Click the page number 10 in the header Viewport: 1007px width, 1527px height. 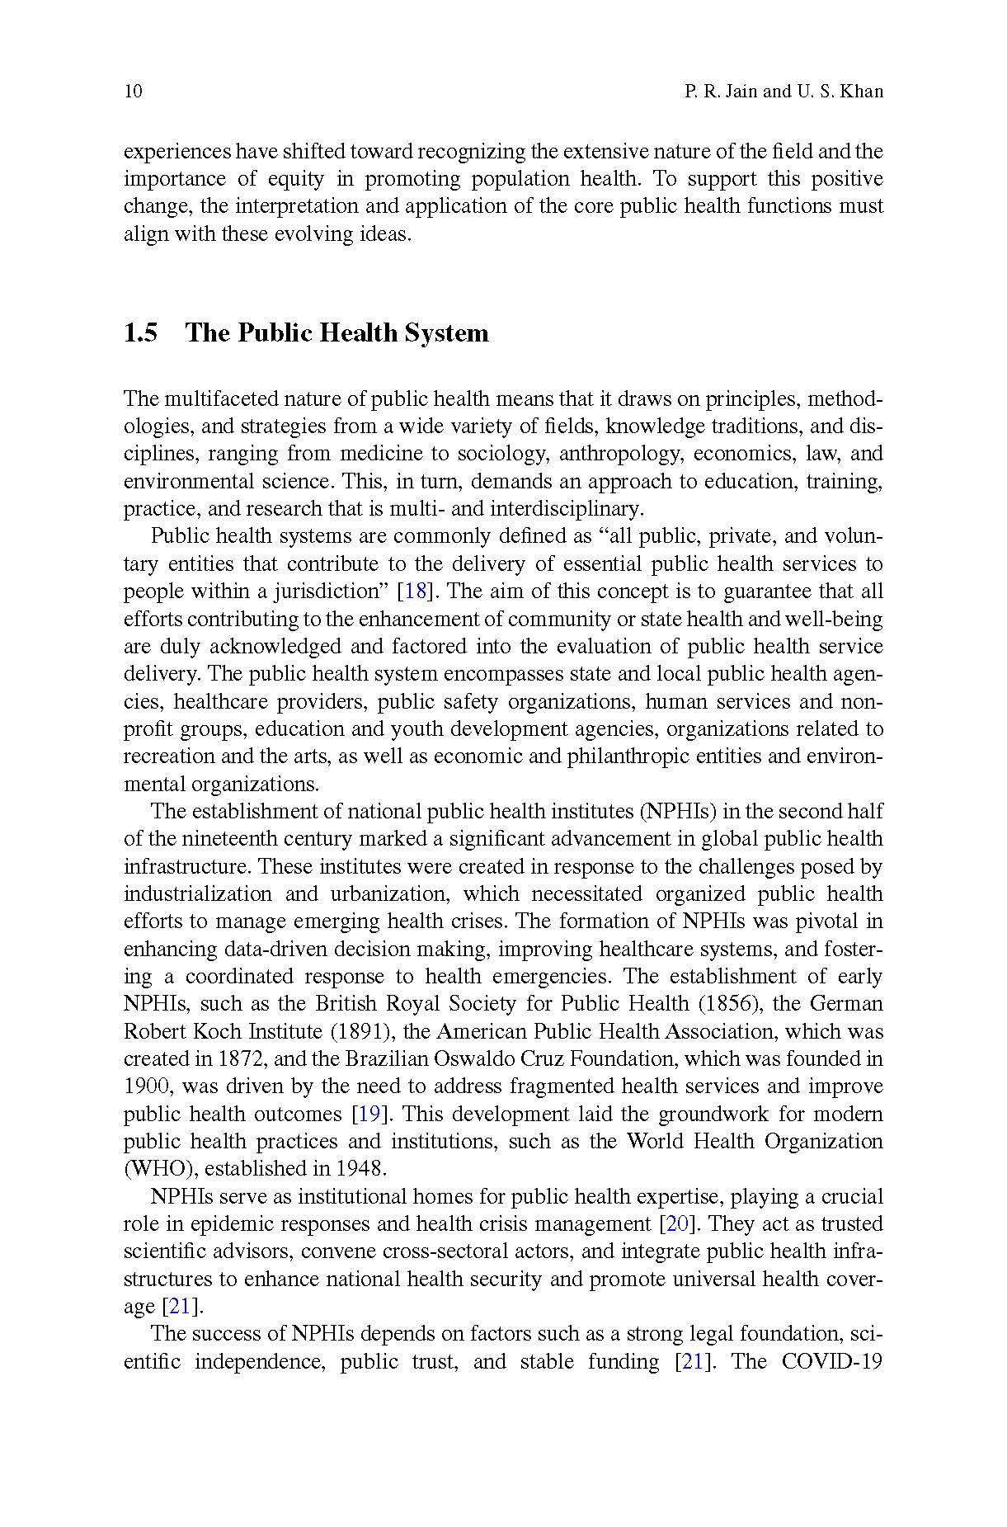coord(133,91)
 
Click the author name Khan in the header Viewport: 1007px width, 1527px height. coord(861,91)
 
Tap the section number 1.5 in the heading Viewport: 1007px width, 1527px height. coord(140,332)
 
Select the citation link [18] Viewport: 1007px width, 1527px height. coord(411,591)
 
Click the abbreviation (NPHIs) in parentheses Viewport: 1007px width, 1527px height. coord(677,812)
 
